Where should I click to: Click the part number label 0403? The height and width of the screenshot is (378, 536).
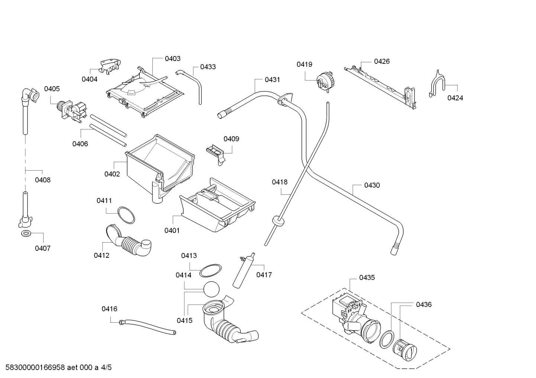172,59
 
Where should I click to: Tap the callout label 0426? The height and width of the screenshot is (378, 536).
382,61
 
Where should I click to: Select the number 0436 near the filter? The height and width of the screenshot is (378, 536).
424,305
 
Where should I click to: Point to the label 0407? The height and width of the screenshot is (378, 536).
43,248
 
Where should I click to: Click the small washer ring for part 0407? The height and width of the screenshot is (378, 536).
26,234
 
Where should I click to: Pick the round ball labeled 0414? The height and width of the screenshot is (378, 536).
212,289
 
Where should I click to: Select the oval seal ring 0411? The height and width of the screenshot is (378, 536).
126,215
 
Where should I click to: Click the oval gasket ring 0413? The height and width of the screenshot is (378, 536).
210,270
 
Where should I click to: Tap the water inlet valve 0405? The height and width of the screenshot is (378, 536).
71,111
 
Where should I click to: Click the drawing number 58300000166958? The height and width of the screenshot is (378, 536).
35,367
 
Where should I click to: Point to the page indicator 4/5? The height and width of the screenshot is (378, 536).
106,367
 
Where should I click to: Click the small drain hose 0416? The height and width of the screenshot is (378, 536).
147,326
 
